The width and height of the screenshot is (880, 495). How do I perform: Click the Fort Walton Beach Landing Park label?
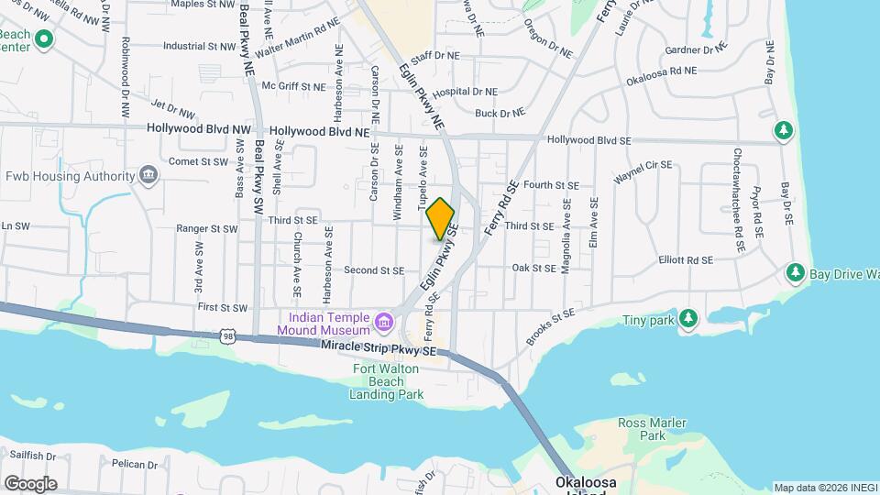pos(387,381)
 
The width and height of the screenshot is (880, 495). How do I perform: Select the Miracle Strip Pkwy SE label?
pos(378,347)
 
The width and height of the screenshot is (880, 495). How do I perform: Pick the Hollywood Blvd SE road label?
pos(589,140)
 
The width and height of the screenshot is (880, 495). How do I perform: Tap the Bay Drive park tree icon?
pos(796,273)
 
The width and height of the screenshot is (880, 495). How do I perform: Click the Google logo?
pos(30,483)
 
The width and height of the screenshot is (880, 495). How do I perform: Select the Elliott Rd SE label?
pos(686,259)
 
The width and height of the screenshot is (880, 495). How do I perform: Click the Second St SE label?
pos(374,270)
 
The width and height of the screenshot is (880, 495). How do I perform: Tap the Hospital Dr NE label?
pos(464,92)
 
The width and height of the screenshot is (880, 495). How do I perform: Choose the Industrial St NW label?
pos(199,45)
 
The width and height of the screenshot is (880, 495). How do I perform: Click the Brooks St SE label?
pos(550,327)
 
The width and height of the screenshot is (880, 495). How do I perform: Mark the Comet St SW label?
pos(198,161)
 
